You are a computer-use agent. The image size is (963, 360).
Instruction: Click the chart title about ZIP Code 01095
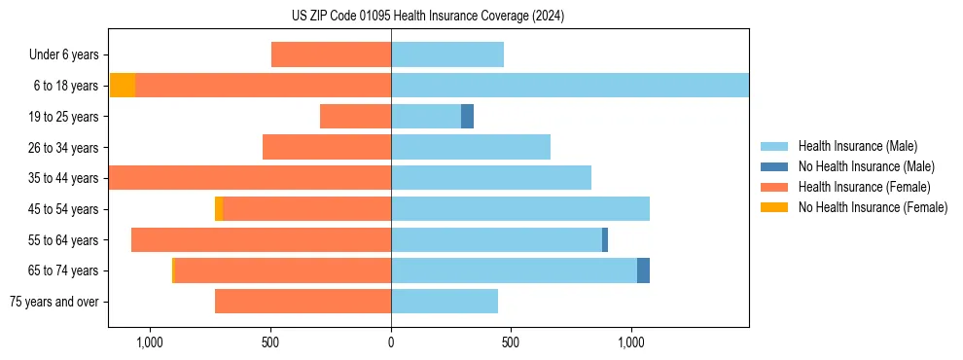(428, 17)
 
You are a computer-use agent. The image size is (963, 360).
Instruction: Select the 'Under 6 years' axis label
(64, 54)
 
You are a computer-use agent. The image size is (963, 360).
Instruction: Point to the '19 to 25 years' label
(63, 117)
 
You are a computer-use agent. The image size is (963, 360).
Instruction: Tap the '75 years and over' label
(54, 302)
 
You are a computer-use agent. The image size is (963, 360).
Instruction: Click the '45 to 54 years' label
(63, 209)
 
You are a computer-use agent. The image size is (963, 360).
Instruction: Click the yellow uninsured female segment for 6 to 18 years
(123, 86)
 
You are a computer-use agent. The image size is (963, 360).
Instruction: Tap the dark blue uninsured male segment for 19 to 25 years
(467, 117)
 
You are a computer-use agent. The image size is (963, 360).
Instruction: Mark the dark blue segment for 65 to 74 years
(643, 270)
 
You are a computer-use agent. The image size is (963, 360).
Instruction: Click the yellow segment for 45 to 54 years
(219, 209)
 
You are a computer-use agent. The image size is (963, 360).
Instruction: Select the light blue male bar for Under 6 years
(447, 54)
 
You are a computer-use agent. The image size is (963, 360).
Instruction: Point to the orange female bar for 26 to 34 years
(327, 147)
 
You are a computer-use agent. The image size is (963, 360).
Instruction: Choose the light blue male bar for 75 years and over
(445, 302)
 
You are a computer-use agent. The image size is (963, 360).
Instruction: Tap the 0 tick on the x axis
(391, 342)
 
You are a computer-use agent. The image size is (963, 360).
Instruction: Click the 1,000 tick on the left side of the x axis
(150, 342)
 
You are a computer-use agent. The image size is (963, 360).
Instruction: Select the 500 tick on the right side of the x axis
(511, 342)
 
